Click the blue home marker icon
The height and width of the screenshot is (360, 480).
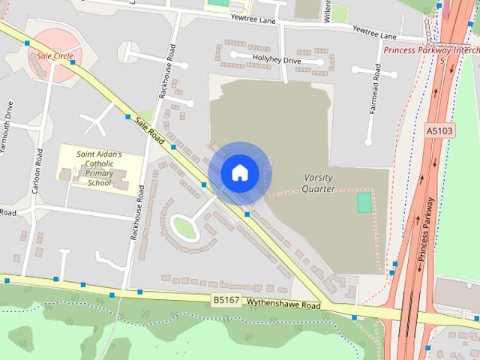(239, 172)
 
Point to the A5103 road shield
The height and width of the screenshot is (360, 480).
(440, 130)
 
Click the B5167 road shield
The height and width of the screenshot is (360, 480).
(226, 300)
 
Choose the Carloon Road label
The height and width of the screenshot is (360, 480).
(38, 171)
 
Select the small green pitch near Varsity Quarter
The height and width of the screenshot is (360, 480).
(364, 202)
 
